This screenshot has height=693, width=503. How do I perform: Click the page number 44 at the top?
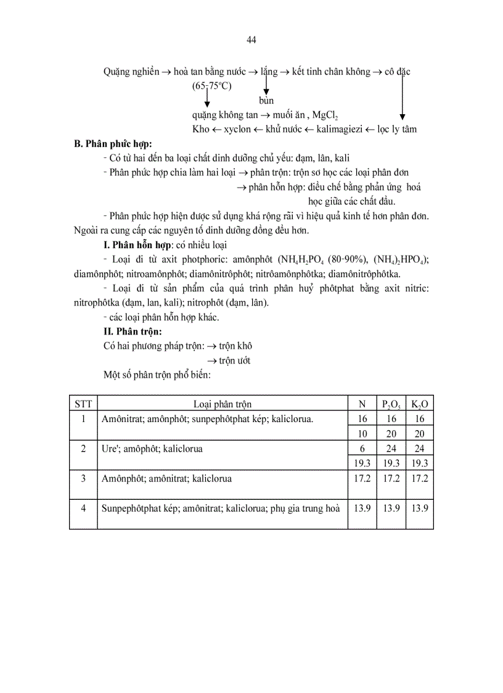point(251,40)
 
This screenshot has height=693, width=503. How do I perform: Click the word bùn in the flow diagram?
point(266,101)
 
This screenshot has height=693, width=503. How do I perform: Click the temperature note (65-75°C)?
point(211,86)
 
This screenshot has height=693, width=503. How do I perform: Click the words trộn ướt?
point(235,360)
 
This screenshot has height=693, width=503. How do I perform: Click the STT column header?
point(83,404)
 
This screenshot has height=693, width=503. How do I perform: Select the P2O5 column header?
point(391,405)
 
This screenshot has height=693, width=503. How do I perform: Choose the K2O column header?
point(419,405)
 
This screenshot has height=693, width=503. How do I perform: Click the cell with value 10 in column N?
point(362,434)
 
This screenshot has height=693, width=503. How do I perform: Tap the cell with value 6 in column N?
point(362,449)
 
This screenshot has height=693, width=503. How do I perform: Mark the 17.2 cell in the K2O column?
point(419,478)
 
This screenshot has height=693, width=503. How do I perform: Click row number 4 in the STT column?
point(83,508)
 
